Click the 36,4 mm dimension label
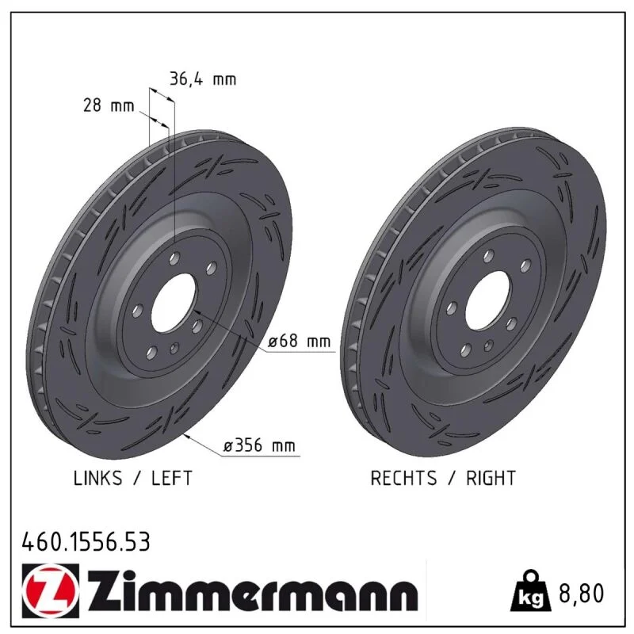[x=203, y=79]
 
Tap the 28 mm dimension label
[x=109, y=105]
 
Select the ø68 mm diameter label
[x=300, y=342]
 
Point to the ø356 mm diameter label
[x=260, y=445]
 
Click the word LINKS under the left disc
[x=97, y=479]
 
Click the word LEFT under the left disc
[x=172, y=479]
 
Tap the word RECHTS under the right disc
[x=403, y=479]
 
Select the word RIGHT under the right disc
[x=491, y=479]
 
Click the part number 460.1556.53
[x=86, y=542]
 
